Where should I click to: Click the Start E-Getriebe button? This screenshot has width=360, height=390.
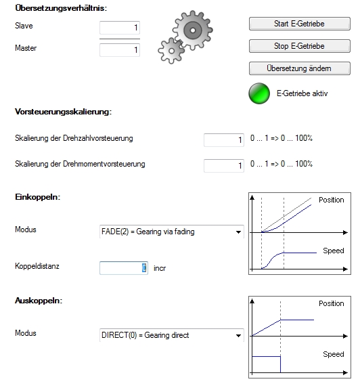[300, 24]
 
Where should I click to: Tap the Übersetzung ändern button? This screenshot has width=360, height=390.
[300, 68]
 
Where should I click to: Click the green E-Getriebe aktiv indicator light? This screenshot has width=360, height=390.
[259, 93]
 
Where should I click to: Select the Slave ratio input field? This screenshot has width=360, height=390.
[120, 28]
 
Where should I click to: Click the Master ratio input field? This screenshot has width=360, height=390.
[120, 50]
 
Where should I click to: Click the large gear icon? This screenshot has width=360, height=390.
[192, 30]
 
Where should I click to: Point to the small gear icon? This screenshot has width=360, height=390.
[171, 51]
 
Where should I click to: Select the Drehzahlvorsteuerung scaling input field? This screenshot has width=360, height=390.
[224, 140]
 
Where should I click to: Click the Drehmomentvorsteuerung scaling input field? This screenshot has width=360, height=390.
[224, 166]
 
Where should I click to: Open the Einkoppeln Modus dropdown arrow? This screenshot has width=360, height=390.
[238, 232]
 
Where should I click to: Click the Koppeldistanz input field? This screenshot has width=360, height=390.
[124, 268]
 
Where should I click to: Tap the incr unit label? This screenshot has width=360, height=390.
[160, 268]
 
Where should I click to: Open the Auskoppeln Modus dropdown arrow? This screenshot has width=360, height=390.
[238, 336]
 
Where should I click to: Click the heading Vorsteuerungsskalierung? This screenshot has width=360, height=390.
[64, 112]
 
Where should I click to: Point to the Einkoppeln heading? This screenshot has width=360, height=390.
[37, 197]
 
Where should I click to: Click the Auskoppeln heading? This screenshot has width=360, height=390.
[39, 301]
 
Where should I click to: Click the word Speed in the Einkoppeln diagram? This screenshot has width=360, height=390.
[334, 251]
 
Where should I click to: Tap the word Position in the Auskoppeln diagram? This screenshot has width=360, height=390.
[332, 303]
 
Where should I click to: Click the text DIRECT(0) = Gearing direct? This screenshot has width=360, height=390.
[145, 335]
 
